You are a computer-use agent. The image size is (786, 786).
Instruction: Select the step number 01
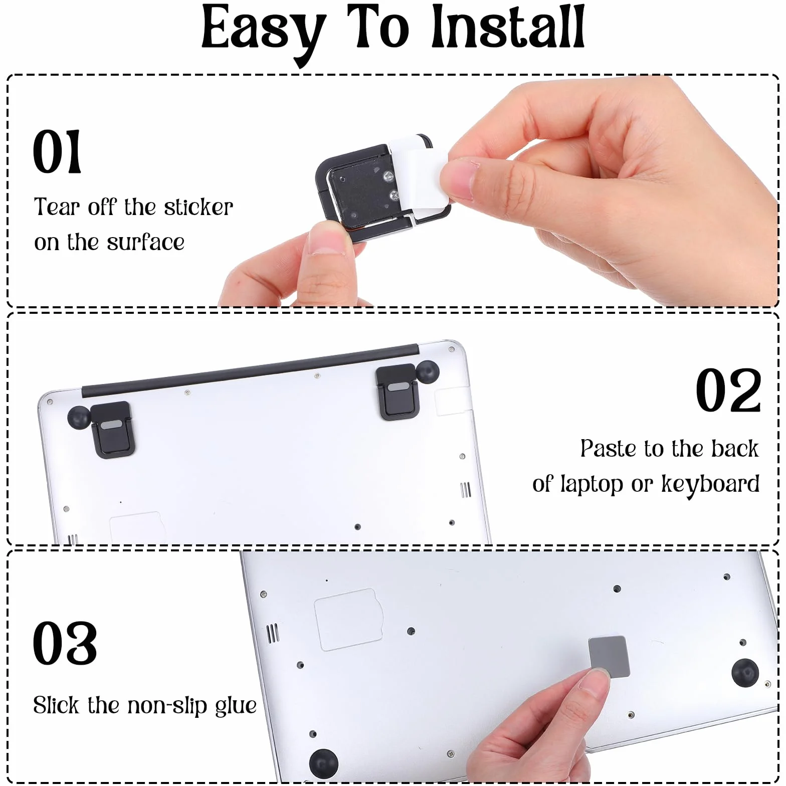pos(57,151)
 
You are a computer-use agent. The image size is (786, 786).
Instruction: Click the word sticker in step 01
pos(199,208)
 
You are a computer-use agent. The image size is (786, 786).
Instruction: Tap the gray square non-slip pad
pos(608,657)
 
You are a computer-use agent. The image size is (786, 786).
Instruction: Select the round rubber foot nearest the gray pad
pos(745,672)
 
